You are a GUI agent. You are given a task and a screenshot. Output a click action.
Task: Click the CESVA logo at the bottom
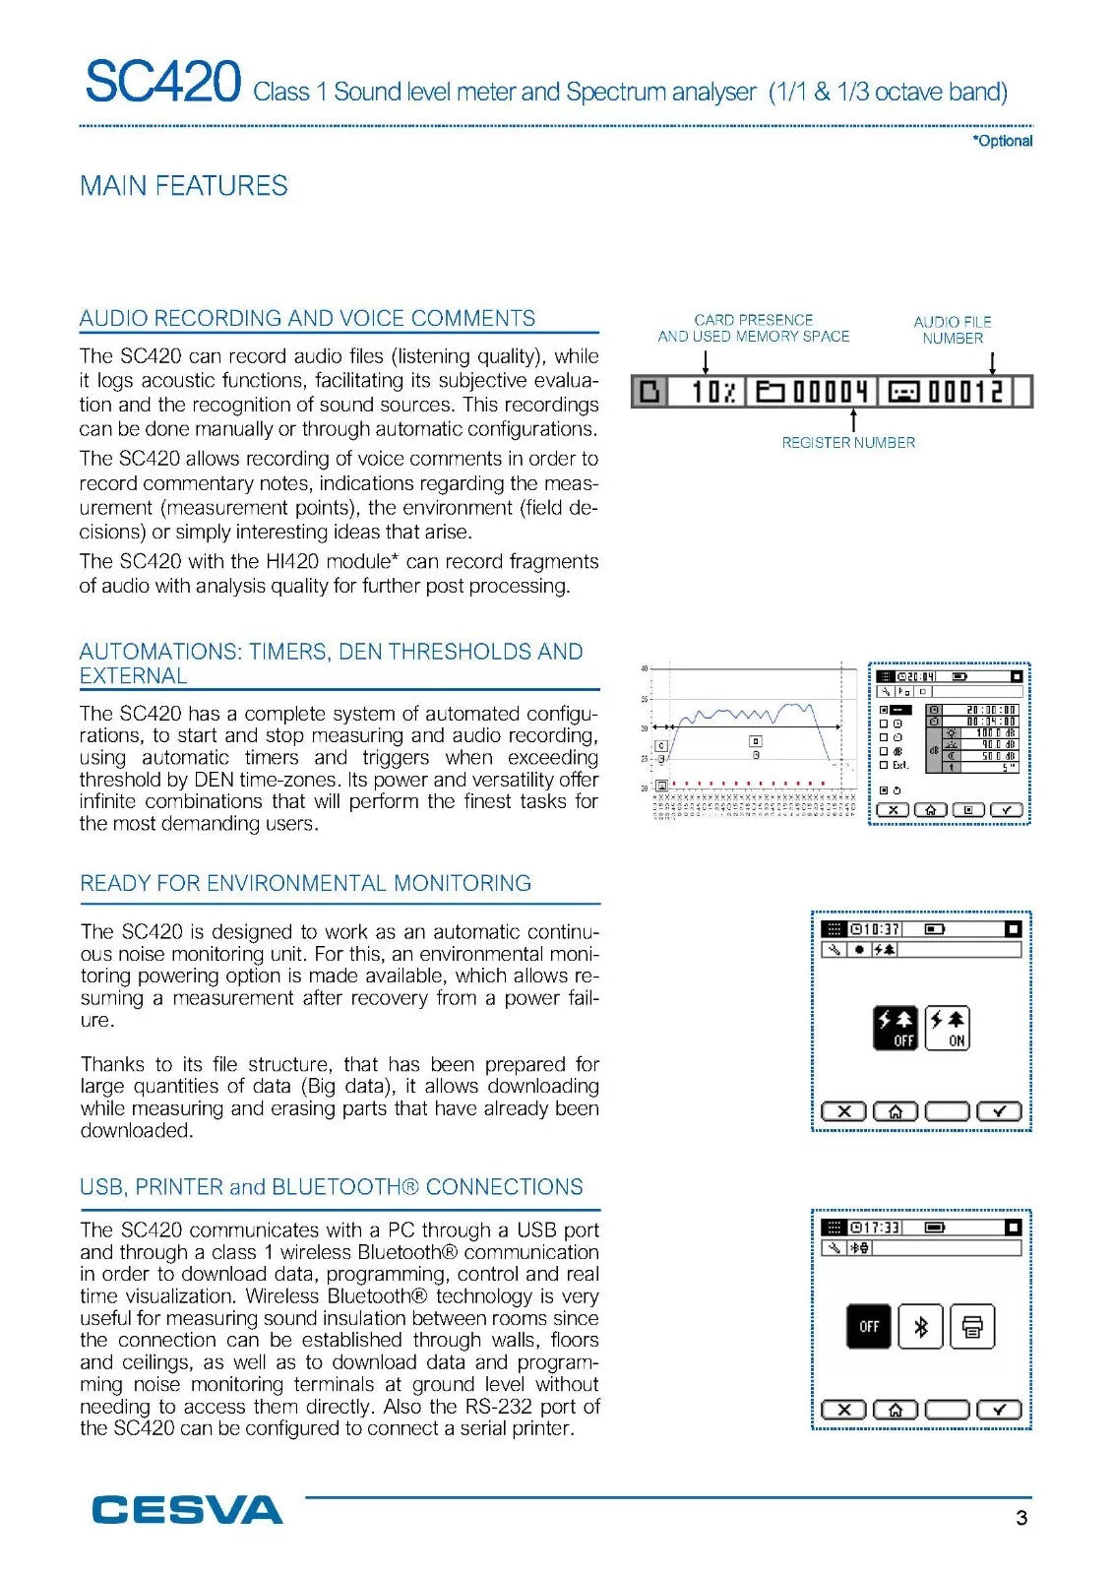[187, 1510]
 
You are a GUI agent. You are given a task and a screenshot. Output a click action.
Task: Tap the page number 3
[1021, 1518]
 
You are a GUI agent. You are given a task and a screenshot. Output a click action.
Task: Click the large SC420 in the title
[162, 82]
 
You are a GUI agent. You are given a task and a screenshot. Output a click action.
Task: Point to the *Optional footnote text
[1002, 141]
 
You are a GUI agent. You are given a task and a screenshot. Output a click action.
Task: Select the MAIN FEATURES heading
[184, 186]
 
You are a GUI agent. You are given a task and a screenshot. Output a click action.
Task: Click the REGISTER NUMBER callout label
[848, 443]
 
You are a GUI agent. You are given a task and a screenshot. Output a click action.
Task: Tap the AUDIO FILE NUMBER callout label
[953, 330]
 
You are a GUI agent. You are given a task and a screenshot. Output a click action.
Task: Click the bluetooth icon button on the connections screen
[921, 1327]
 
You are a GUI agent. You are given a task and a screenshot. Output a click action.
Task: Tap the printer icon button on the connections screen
[972, 1327]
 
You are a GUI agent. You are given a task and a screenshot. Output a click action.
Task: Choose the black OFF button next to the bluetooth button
[869, 1327]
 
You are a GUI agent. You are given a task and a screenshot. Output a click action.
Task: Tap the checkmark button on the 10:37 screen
[1000, 1111]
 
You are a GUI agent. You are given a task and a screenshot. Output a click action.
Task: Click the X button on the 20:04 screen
[893, 810]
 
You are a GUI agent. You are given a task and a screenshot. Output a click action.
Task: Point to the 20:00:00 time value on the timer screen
[990, 710]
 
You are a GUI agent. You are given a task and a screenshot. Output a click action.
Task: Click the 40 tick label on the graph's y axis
[645, 669]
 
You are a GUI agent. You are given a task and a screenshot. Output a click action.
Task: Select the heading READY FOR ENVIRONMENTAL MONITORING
[305, 884]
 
